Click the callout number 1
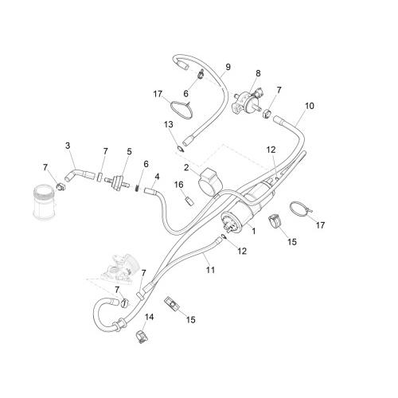coord(254,231)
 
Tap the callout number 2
coord(186,168)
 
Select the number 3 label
coord(68,146)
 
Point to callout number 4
coord(157,177)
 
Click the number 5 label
coord(129,152)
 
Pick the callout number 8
coord(258,73)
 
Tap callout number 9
coord(228,67)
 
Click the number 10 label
coord(310,106)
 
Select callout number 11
coord(210,270)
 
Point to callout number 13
coord(169,124)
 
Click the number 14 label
coord(150,317)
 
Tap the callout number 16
coord(179,185)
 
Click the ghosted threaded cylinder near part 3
coord(45,203)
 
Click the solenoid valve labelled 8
coord(246,102)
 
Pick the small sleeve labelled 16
coord(189,201)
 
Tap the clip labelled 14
coord(142,337)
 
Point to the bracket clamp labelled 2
coord(210,181)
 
